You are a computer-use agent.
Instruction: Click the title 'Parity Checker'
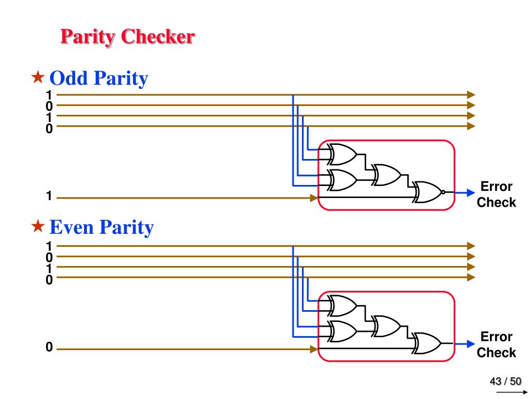[127, 37]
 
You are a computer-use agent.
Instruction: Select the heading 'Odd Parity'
[99, 78]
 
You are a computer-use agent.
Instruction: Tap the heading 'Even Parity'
[101, 228]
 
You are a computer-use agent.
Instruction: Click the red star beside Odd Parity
[38, 78]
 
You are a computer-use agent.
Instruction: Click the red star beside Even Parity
[38, 226]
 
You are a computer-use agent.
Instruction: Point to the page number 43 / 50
[505, 382]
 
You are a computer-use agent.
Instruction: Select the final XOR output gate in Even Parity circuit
[427, 343]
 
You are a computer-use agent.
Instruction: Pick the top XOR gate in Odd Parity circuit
[343, 154]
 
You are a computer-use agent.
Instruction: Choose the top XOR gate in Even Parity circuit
[343, 305]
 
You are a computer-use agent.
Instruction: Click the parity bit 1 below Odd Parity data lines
[48, 196]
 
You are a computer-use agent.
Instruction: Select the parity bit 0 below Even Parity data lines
[49, 348]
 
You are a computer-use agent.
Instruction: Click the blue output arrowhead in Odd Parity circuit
[470, 192]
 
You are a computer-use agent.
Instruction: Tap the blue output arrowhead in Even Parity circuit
[470, 343]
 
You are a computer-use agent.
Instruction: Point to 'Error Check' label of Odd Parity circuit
[496, 194]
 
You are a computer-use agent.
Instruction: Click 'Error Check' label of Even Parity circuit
[496, 344]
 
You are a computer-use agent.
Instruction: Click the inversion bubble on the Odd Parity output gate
[443, 192]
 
